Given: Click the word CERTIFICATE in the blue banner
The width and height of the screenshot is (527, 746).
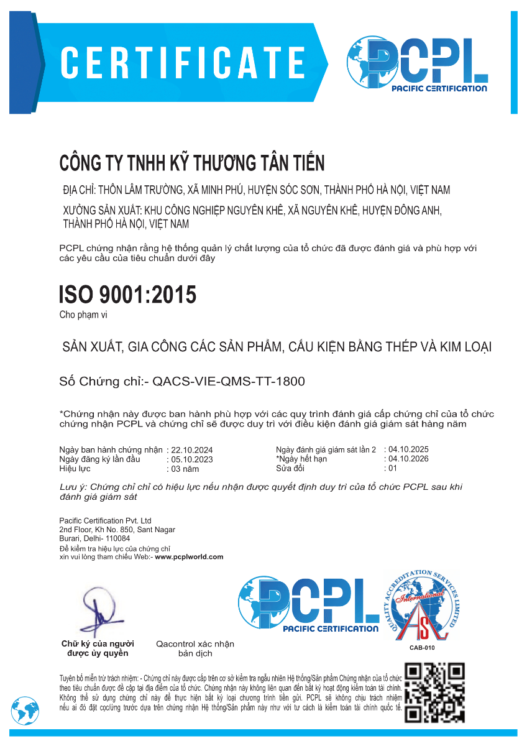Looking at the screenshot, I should [183, 62].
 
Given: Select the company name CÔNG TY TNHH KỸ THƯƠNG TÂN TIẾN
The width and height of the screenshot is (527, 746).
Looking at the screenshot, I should [192, 163].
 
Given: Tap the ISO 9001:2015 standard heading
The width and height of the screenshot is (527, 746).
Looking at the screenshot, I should [127, 295].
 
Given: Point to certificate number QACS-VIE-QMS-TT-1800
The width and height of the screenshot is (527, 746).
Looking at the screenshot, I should [229, 381].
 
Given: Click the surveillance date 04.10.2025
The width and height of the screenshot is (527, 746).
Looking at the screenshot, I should [408, 449].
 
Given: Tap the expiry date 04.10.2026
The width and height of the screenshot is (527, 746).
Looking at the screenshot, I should [408, 459].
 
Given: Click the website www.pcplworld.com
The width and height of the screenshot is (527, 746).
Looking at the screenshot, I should [189, 557].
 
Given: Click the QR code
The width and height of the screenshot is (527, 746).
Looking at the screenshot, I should [435, 693].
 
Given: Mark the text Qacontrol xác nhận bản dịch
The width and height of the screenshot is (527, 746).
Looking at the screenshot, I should [195, 648].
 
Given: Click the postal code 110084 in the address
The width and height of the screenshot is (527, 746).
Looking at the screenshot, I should [117, 538].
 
